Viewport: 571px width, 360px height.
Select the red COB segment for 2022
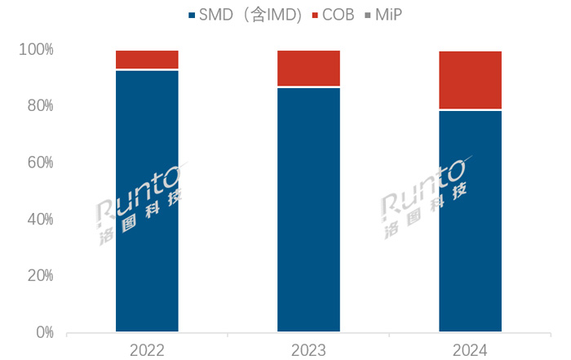[147, 60]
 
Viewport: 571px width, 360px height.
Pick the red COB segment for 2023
[308, 69]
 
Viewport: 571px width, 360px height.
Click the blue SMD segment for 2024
[470, 221]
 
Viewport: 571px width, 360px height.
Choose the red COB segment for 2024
[470, 80]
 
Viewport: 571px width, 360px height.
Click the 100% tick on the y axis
[36, 50]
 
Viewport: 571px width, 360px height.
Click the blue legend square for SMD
[192, 15]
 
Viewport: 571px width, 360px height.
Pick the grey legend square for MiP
[367, 15]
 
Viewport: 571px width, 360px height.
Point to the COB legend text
[337, 15]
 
